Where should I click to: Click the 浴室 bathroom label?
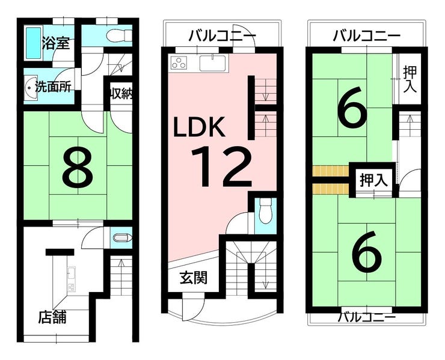(55, 43)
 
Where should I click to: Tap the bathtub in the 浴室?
(34, 43)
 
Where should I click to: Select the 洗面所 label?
(53, 87)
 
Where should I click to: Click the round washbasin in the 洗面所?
(31, 88)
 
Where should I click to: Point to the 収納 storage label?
(121, 93)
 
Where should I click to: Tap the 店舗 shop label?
(52, 317)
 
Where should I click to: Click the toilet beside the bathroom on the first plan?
(119, 35)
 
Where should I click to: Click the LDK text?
(200, 127)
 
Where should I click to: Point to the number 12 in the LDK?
(221, 167)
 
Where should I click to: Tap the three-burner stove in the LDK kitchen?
(179, 63)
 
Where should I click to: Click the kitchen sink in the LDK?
(212, 63)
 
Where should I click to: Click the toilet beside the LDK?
(266, 212)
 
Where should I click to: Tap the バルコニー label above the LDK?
(222, 36)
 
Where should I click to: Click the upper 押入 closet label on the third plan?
(410, 79)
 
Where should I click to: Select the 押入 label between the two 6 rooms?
(374, 180)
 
